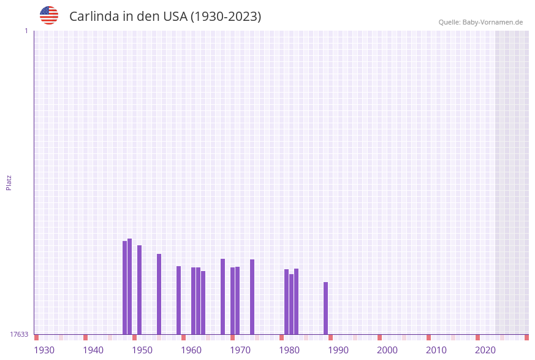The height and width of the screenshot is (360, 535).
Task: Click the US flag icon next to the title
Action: [x=49, y=15]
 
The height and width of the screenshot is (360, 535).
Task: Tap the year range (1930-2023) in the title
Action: [x=226, y=17]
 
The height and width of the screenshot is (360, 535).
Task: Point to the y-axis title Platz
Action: [x=9, y=182]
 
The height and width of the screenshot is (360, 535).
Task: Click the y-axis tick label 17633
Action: [x=19, y=334]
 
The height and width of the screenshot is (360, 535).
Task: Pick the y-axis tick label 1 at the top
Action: [x=26, y=31]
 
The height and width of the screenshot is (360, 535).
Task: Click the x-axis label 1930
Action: [x=44, y=350]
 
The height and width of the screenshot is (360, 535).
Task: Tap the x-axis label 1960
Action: [x=191, y=350]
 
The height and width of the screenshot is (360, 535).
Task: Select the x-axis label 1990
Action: [x=338, y=350]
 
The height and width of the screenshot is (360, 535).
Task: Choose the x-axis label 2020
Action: [x=485, y=350]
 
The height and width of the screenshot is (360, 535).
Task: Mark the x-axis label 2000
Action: [x=387, y=350]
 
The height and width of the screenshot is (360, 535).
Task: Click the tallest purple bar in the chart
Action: [x=129, y=286]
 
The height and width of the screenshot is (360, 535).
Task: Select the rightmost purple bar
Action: [x=325, y=308]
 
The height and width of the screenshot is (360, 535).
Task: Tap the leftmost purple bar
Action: [x=124, y=287]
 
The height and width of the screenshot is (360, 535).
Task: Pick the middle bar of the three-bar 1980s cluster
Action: [x=291, y=304]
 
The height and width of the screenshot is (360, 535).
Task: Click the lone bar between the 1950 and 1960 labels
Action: [x=159, y=294]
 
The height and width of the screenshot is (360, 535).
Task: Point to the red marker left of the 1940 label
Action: [x=85, y=337]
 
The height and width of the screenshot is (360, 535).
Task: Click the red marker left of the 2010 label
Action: [x=428, y=337]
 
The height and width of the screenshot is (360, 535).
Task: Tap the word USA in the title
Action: [x=175, y=17]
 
